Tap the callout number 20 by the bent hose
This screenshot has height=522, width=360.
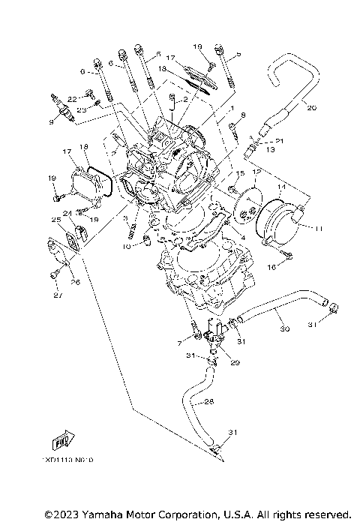pyautogui.click(x=312, y=107)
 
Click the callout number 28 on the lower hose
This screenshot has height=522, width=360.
pyautogui.click(x=209, y=402)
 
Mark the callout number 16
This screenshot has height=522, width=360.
pyautogui.click(x=271, y=266)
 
